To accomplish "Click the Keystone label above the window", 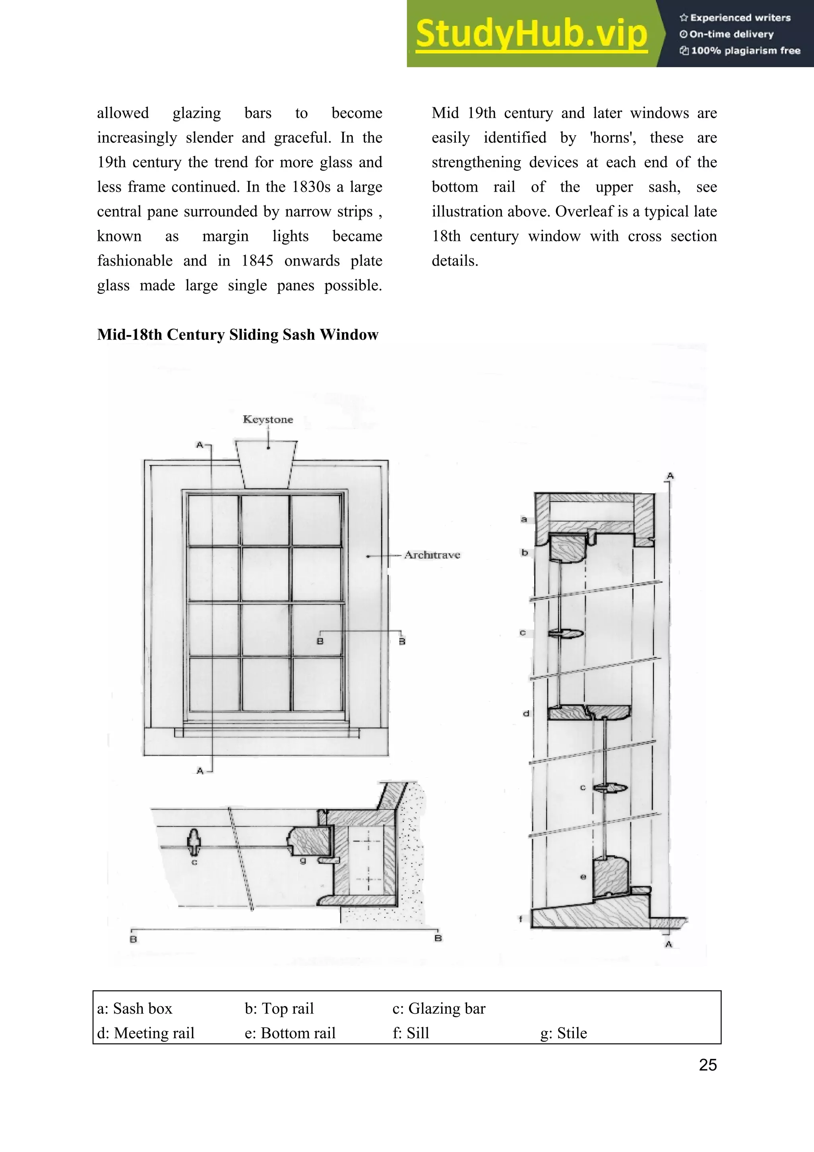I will [268, 419].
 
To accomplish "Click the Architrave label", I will [432, 555].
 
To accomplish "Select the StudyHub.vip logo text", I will [531, 34].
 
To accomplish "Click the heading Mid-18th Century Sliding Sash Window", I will [238, 335].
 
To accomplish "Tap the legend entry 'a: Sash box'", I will [134, 1008].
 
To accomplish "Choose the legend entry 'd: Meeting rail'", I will [145, 1033].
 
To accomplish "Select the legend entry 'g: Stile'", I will [563, 1033].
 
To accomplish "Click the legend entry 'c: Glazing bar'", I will [439, 1008].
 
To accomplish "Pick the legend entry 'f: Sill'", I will [411, 1033].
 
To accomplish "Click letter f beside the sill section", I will [521, 919].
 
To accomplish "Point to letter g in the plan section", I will [302, 861].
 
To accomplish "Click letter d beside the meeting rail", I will [526, 714].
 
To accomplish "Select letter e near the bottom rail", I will [583, 877].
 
